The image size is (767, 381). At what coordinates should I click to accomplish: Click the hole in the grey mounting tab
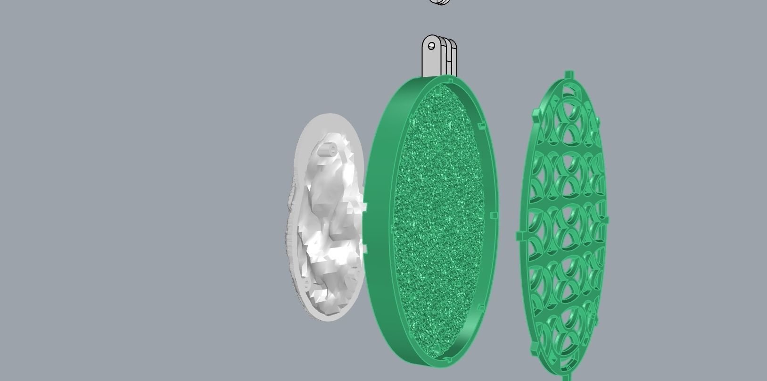(431, 46)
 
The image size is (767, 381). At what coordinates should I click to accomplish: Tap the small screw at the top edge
(441, 2)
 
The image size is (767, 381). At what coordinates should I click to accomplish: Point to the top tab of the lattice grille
(569, 75)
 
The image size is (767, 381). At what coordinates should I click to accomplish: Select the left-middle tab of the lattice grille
(520, 235)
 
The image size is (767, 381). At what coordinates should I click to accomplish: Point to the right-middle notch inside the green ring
(494, 215)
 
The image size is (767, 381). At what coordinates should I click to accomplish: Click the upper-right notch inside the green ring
(481, 126)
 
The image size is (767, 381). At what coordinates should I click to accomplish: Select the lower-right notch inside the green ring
(481, 308)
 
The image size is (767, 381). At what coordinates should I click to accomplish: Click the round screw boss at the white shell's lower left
(307, 284)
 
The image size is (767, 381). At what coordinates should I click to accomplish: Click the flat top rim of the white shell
(330, 120)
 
